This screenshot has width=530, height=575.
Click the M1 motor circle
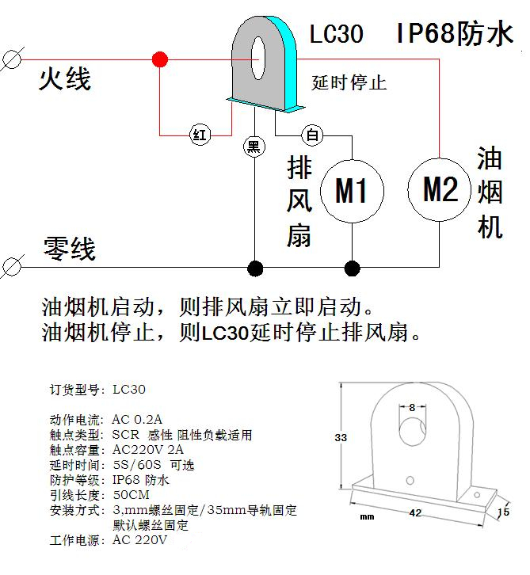(x=352, y=190)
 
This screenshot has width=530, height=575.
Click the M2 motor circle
(x=440, y=188)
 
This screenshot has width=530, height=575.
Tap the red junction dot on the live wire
(x=160, y=59)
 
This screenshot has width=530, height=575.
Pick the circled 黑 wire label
(x=254, y=146)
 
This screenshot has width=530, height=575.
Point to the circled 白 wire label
(x=314, y=135)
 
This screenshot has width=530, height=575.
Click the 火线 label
(x=65, y=79)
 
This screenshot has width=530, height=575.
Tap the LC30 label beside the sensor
(x=336, y=35)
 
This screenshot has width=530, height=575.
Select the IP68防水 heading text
(x=455, y=34)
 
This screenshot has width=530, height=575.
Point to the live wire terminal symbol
(x=11, y=60)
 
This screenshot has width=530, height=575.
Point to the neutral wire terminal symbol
(x=11, y=268)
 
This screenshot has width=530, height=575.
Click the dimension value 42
(x=414, y=513)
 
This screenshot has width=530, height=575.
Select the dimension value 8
(x=412, y=407)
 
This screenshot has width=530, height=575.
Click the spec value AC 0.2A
(x=138, y=418)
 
